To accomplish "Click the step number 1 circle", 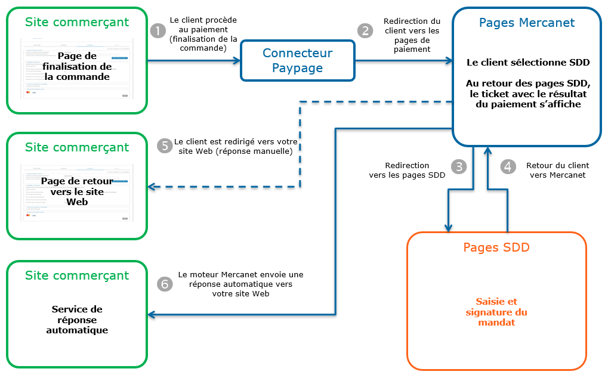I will [x=158, y=30].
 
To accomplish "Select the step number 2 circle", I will [x=365, y=30].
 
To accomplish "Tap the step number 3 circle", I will [x=458, y=166].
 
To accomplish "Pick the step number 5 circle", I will [x=165, y=146].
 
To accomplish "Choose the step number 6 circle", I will [x=165, y=284].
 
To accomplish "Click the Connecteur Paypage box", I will [x=297, y=60].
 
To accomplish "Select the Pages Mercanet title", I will [x=527, y=23].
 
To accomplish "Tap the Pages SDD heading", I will [x=496, y=247].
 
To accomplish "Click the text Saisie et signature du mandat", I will [x=496, y=312].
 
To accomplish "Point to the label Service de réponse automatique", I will [x=77, y=320].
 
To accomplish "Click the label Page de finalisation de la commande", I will [x=77, y=66].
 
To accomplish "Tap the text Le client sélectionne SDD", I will [x=527, y=62].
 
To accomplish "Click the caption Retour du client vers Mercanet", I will [x=557, y=170].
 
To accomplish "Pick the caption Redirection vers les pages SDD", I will [x=407, y=170].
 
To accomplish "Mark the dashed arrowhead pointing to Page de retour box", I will [x=152, y=187].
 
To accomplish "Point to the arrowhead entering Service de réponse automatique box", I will [x=152, y=314].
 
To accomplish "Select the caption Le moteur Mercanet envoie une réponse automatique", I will [x=240, y=284].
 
